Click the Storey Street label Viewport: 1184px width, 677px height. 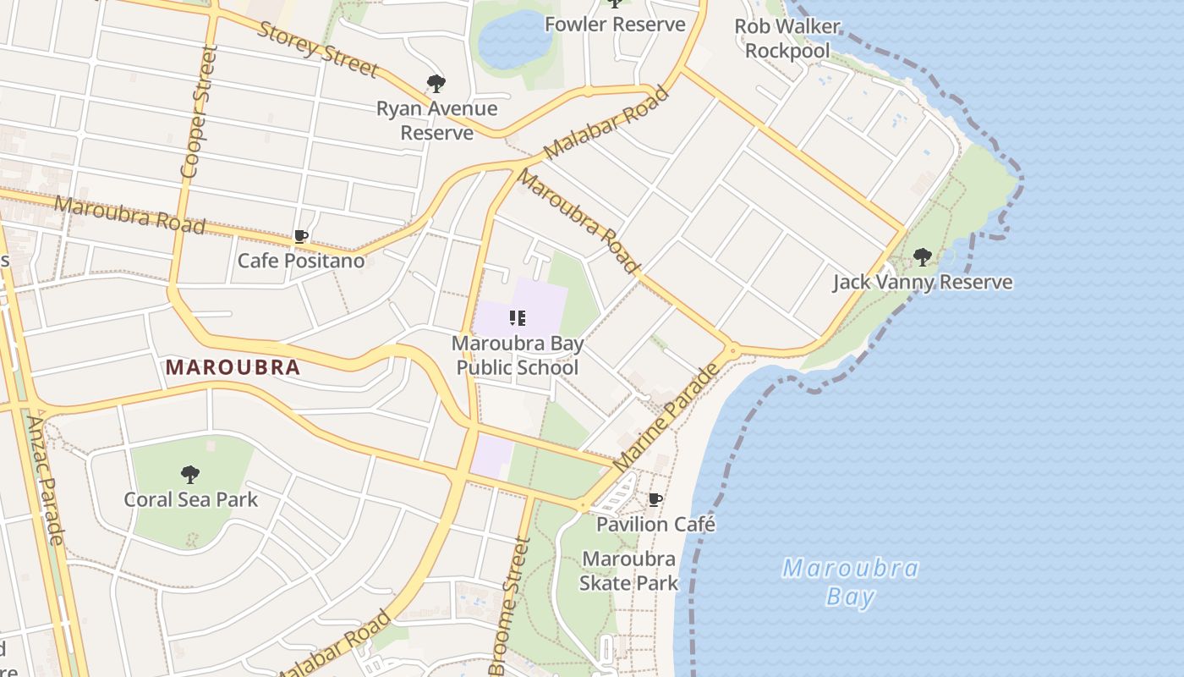[x=317, y=49]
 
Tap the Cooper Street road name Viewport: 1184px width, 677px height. [x=194, y=111]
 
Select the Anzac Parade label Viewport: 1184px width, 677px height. [x=45, y=479]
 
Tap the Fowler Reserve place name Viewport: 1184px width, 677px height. [x=615, y=25]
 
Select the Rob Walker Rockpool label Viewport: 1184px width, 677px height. [x=787, y=39]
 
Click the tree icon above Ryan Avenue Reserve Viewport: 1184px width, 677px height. [x=436, y=84]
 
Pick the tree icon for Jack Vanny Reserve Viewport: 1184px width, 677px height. [x=922, y=256]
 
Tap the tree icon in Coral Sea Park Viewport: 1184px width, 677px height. [x=190, y=474]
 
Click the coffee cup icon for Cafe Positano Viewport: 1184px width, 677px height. [x=300, y=237]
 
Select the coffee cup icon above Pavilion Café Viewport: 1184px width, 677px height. [x=655, y=500]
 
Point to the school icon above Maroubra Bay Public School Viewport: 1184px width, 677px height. [x=518, y=318]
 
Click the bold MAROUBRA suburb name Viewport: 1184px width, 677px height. [x=233, y=367]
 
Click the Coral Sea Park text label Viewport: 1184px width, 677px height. [x=190, y=499]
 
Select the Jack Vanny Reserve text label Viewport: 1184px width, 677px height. [x=922, y=282]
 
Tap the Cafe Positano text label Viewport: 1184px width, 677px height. [x=300, y=261]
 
